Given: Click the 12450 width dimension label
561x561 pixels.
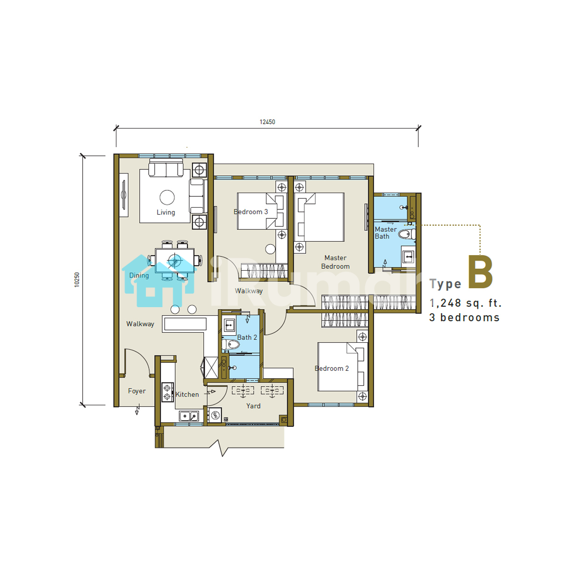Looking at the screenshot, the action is point(267,122).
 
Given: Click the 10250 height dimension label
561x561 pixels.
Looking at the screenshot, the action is point(77,280).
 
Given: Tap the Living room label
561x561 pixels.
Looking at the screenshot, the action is point(166,213).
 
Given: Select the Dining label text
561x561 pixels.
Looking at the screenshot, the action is point(139,275).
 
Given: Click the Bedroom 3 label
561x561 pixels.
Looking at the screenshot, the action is point(251,212).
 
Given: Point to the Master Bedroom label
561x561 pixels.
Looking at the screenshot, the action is point(335,262).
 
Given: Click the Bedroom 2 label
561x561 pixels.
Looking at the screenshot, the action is point(331,368).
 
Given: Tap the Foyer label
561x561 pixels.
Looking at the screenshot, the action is point(137,391).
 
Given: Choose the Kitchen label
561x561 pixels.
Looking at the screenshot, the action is point(187,395).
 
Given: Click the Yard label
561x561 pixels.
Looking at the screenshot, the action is point(253,406).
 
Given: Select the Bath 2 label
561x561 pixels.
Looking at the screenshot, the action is point(247,338).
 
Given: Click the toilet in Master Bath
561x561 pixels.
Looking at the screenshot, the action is point(407,234).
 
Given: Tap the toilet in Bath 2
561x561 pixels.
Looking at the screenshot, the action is point(230,345).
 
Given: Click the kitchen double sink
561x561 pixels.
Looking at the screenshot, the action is point(189,416).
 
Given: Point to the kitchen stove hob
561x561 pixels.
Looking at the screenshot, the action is point(167,392).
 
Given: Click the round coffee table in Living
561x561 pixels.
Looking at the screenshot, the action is point(167,198).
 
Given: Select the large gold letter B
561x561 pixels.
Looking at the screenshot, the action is point(481,272).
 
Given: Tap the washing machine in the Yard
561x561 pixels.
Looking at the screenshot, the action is point(215,415).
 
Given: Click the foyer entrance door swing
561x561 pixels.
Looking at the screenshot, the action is point(137,361).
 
